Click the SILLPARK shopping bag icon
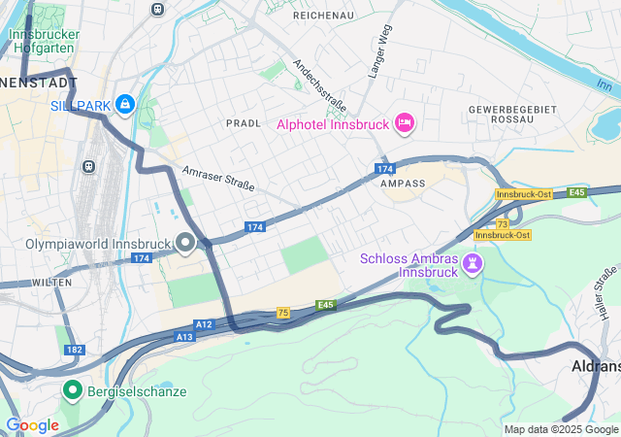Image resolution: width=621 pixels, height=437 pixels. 125,104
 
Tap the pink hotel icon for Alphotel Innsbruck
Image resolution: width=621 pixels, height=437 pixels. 405,123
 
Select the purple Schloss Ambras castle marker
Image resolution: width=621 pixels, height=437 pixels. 472,263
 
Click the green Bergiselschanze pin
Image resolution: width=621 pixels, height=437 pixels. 72,390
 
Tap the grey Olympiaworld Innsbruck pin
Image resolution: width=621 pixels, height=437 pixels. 185,243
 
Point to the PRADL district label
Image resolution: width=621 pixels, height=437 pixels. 244,124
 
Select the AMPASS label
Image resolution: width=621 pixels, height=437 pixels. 404,183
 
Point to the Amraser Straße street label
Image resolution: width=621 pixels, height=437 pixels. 218,179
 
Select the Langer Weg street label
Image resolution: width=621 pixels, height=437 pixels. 377,53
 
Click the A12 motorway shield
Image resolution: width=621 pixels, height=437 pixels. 203,324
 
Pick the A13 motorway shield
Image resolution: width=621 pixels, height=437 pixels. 184,336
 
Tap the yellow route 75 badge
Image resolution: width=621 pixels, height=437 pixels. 283,312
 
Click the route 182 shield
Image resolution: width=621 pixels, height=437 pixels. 74,349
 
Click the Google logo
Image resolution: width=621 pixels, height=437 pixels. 32,425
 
